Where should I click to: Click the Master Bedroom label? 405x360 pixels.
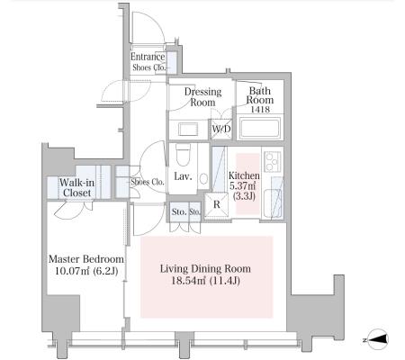86,259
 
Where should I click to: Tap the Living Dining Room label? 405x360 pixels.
205,268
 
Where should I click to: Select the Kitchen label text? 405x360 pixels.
244,175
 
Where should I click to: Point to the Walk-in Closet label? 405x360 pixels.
76,187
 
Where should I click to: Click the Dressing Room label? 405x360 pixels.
202,97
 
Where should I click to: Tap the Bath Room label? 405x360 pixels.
260,95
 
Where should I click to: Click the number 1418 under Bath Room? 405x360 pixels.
260,110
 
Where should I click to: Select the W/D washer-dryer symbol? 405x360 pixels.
221,130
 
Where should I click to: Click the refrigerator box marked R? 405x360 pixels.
216,204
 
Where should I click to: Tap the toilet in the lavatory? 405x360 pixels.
183,155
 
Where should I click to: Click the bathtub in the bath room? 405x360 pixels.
260,128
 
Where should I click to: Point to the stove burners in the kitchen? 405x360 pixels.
273,161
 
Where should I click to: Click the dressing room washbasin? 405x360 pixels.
188,130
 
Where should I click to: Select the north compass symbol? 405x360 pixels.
377,339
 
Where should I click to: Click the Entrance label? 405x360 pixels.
148,57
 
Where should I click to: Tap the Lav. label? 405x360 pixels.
183,176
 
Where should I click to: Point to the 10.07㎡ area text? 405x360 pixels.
72,271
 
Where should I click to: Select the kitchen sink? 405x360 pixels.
272,200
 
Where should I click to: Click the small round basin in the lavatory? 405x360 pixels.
203,179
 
